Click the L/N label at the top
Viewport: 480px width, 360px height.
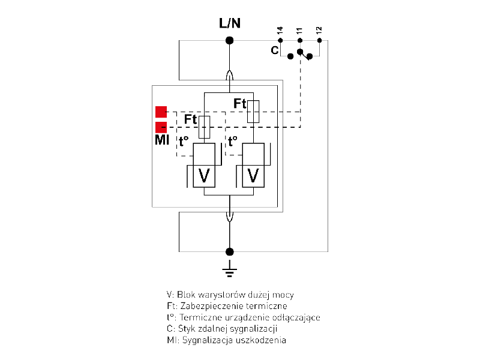pyautogui.click(x=229, y=24)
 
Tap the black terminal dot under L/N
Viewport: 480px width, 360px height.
pyautogui.click(x=229, y=40)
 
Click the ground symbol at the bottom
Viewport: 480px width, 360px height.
pyautogui.click(x=229, y=271)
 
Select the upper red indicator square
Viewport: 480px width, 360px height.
pyautogui.click(x=161, y=112)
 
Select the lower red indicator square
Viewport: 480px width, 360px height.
pyautogui.click(x=161, y=127)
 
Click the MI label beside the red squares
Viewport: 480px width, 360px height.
pyautogui.click(x=161, y=141)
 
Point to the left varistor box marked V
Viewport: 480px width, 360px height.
pyautogui.click(x=204, y=175)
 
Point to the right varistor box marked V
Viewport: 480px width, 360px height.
pyautogui.click(x=253, y=175)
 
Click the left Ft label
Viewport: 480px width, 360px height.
pyautogui.click(x=190, y=119)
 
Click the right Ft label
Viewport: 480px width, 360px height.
pyautogui.click(x=239, y=104)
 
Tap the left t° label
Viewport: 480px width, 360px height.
pyautogui.click(x=184, y=142)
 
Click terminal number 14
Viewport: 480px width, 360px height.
pyautogui.click(x=280, y=31)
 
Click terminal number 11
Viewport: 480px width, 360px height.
pyautogui.click(x=300, y=31)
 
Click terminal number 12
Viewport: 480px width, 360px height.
pyautogui.click(x=319, y=31)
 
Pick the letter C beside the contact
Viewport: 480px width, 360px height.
pyautogui.click(x=274, y=50)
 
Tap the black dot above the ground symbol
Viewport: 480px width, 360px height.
pyautogui.click(x=229, y=251)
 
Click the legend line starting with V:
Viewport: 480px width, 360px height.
pyautogui.click(x=230, y=295)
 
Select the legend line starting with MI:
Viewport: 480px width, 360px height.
pyautogui.click(x=227, y=340)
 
